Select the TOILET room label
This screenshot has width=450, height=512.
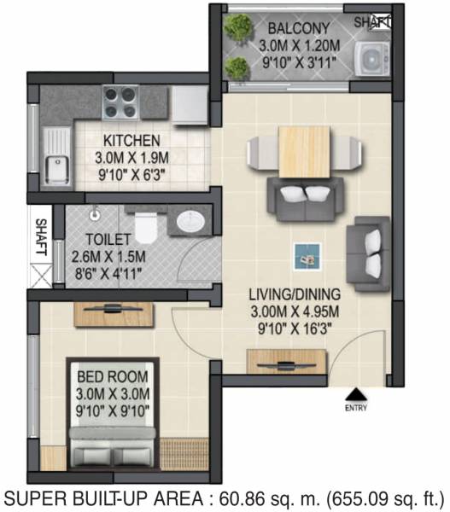tap(109, 241)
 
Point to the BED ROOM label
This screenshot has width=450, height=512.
tap(113, 375)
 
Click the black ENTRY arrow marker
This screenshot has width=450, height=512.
tap(354, 393)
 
